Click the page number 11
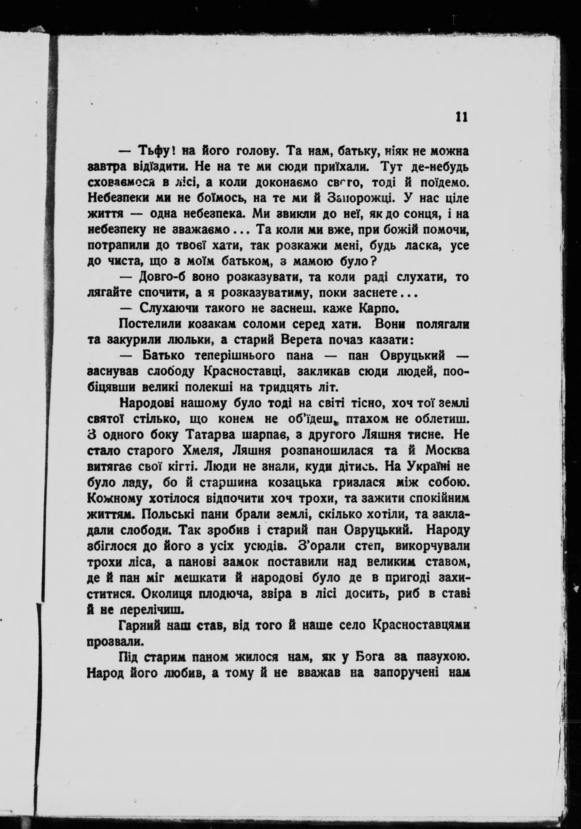(462, 117)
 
